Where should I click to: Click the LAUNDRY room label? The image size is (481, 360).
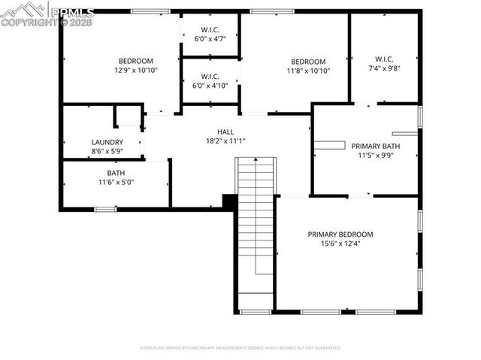point(107,142)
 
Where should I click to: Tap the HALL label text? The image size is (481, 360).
point(225,131)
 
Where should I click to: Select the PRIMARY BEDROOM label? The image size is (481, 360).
point(340,234)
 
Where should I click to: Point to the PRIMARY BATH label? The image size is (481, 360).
point(377,146)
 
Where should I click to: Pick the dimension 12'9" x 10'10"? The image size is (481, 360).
point(135,71)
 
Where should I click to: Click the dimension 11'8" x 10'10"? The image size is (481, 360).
point(308,71)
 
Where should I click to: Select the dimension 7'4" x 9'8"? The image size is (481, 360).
point(384,68)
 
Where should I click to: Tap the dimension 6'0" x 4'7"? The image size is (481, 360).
point(209,38)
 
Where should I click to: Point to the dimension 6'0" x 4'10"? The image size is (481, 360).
point(210,85)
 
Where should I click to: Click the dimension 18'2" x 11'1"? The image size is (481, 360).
point(225,140)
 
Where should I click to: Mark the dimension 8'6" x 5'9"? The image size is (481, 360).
point(107,151)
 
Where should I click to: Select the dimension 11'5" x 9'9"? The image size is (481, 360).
point(377,156)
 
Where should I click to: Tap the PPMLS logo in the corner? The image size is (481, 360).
point(47,14)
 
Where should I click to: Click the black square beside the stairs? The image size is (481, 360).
point(230,201)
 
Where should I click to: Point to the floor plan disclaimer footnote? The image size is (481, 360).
point(240,348)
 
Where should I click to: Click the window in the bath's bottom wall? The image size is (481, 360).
point(105,208)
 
